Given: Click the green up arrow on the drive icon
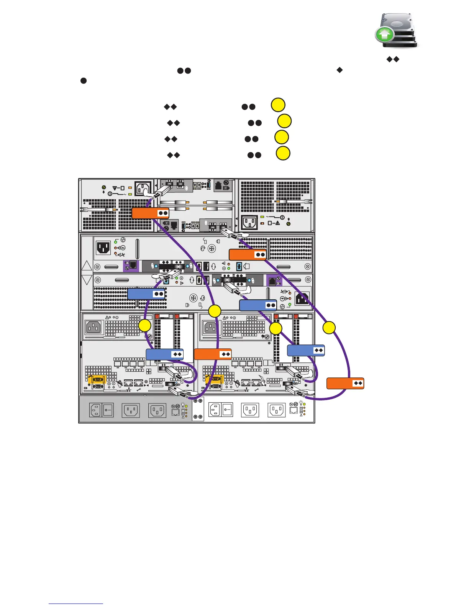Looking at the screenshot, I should [x=385, y=35].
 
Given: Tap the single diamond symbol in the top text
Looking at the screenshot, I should [x=339, y=70].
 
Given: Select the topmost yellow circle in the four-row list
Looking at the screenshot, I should [x=278, y=105].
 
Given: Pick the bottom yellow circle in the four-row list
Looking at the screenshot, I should [x=283, y=153].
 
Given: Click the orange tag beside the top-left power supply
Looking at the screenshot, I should [x=150, y=213].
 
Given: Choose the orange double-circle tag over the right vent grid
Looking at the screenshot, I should [x=247, y=254].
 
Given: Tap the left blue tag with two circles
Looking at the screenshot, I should [x=146, y=294].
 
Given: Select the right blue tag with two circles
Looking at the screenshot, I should [x=258, y=305].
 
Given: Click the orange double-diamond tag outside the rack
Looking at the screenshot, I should [x=345, y=383].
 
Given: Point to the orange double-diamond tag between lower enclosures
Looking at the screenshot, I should [x=213, y=354].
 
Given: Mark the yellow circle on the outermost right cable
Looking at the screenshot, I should [x=329, y=328].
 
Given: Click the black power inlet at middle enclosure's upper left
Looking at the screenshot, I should [x=103, y=248].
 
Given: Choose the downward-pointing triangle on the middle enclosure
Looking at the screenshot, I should [x=87, y=280].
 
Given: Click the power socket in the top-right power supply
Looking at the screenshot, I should [x=249, y=222].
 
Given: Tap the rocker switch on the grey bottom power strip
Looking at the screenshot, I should [x=108, y=410].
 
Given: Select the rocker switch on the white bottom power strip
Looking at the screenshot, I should [x=227, y=410].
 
